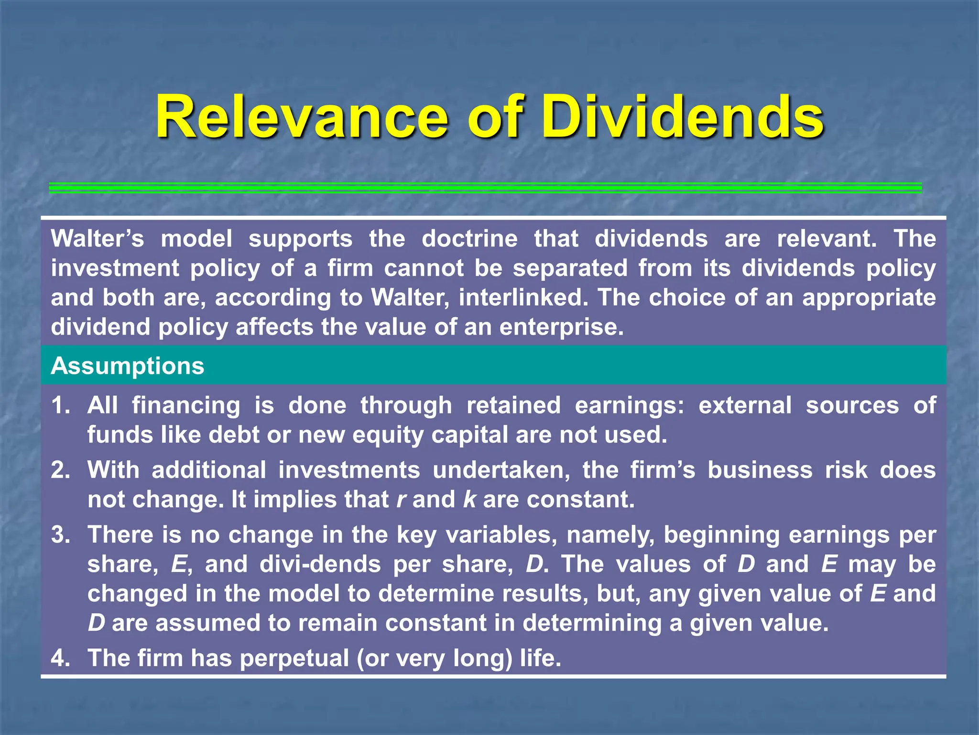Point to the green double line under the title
[485, 188]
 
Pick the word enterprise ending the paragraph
[561, 327]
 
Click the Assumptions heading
[128, 366]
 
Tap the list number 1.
[61, 406]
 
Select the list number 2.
[61, 470]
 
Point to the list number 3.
[61, 535]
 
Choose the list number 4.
[61, 658]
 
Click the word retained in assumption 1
[513, 406]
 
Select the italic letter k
[470, 500]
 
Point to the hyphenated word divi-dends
[320, 564]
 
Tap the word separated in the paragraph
[570, 268]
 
